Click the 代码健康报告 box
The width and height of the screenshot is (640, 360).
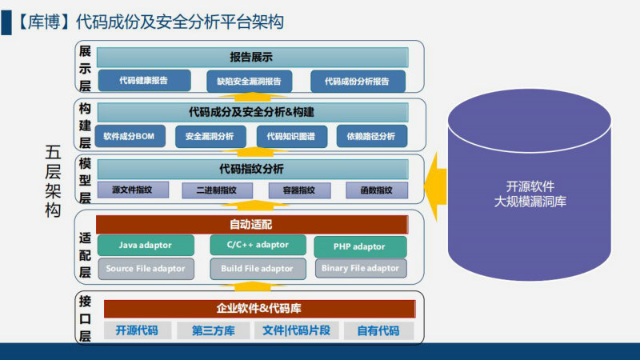pos(145,81)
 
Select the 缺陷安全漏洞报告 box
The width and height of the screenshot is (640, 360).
pos(249,82)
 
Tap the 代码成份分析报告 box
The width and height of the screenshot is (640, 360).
pos(358,82)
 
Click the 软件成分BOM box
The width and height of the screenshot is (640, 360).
pos(130,136)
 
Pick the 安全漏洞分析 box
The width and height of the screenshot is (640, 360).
pos(210,136)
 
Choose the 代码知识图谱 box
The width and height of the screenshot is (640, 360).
pos(292,136)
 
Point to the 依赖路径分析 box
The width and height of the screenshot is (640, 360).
pos(372,136)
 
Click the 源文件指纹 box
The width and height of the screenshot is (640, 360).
pos(133,190)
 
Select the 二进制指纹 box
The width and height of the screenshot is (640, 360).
pos(217,190)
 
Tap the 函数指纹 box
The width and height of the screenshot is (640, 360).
pos(377,190)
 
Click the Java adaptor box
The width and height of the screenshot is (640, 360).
pos(146,246)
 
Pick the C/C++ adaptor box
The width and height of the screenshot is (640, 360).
pos(258,245)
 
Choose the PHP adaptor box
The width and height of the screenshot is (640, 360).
pos(360,246)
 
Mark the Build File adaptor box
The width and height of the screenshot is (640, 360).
pos(258,269)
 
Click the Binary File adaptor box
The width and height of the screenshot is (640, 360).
pos(361,268)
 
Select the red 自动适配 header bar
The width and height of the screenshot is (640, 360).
pos(252,225)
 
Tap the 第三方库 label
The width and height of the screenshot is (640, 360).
pos(214,330)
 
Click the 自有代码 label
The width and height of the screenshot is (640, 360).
pos(378,330)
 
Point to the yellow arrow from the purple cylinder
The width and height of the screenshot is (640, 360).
pos(435,186)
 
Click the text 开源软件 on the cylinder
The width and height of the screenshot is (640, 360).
pos(530,186)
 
